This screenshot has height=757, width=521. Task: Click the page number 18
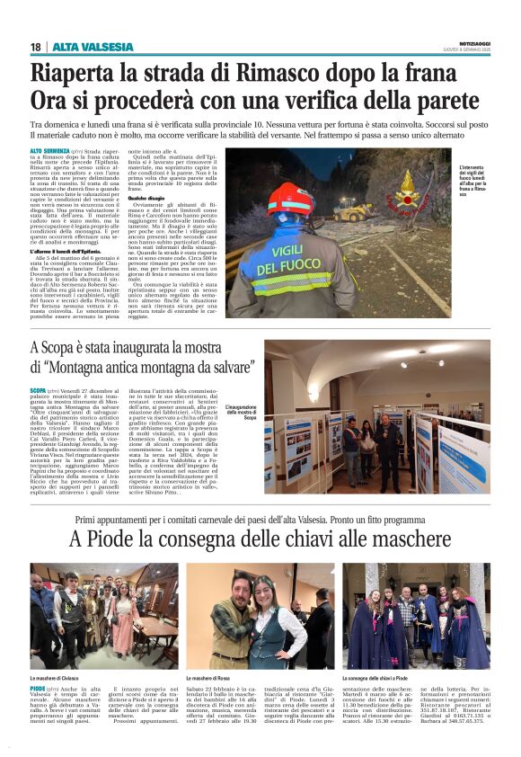(35, 47)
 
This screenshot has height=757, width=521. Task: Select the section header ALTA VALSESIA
(82, 47)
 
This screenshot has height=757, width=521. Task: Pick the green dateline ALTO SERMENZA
(50, 152)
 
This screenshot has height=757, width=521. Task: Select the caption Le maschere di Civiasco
(60, 677)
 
